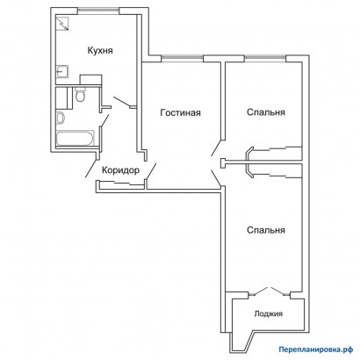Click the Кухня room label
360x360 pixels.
point(100,50)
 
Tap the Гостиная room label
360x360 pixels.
point(181,112)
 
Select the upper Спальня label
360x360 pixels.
point(266,112)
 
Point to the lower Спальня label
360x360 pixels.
point(266,230)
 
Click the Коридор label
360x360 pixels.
point(120,170)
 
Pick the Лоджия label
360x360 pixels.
point(269,314)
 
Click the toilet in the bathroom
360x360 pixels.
point(80,94)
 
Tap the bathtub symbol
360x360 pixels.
point(76,139)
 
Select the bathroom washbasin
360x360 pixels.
point(61,119)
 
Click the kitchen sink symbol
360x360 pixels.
point(62,72)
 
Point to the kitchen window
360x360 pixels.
point(98,11)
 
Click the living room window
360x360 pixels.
point(182,59)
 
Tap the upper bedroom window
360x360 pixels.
point(265,59)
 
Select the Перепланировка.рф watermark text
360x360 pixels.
point(315,349)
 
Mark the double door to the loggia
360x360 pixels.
point(269,292)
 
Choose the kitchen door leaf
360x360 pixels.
point(122,103)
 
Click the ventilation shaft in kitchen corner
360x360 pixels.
point(62,24)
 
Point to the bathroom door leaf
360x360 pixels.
point(105,120)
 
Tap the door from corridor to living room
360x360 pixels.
point(151,171)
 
